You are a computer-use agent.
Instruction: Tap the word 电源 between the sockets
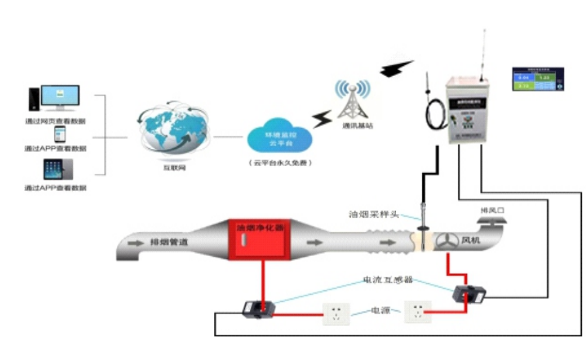click(380, 310)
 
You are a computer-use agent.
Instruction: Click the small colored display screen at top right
click(535, 80)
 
